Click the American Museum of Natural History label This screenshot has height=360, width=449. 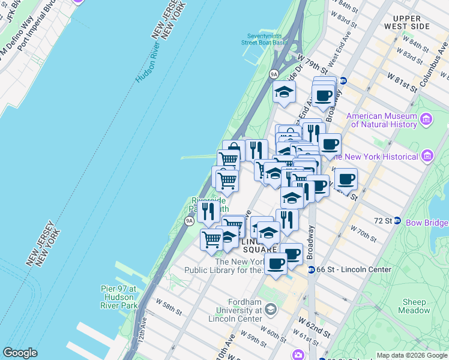pyautogui.click(x=382, y=120)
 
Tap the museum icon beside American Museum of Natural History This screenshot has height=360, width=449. pyautogui.click(x=427, y=120)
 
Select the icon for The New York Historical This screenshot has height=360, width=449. pyautogui.click(x=427, y=157)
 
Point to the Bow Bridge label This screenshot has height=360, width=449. pyautogui.click(x=427, y=223)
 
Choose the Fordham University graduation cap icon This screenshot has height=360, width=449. pyautogui.click(x=270, y=310)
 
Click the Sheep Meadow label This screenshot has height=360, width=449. pyautogui.click(x=414, y=306)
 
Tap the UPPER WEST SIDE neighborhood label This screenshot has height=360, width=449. pyautogui.click(x=408, y=23)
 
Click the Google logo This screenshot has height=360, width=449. pyautogui.click(x=20, y=353)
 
